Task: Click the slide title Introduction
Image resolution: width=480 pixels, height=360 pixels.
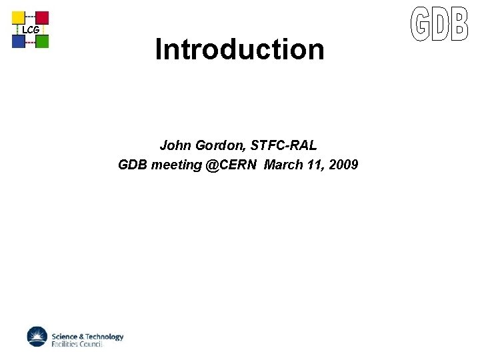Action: (x=239, y=49)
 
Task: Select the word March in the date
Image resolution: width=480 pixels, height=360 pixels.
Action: (x=283, y=165)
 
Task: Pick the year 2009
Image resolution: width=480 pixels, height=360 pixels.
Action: (x=344, y=165)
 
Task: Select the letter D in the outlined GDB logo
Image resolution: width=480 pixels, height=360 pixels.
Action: (x=440, y=24)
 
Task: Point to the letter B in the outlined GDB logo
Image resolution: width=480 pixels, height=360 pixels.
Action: (x=459, y=24)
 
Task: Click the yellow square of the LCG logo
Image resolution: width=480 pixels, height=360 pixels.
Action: (x=19, y=18)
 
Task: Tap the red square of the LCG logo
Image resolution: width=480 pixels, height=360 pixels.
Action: (x=42, y=18)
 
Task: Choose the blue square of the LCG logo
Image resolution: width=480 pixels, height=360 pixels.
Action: (x=19, y=41)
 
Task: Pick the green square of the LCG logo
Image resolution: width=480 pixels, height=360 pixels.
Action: (x=42, y=41)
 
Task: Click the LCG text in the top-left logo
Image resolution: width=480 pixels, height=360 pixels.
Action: (x=31, y=30)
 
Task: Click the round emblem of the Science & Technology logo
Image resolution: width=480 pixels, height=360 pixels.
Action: (x=38, y=337)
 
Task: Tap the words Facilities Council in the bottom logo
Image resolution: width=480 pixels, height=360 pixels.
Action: (x=77, y=344)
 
